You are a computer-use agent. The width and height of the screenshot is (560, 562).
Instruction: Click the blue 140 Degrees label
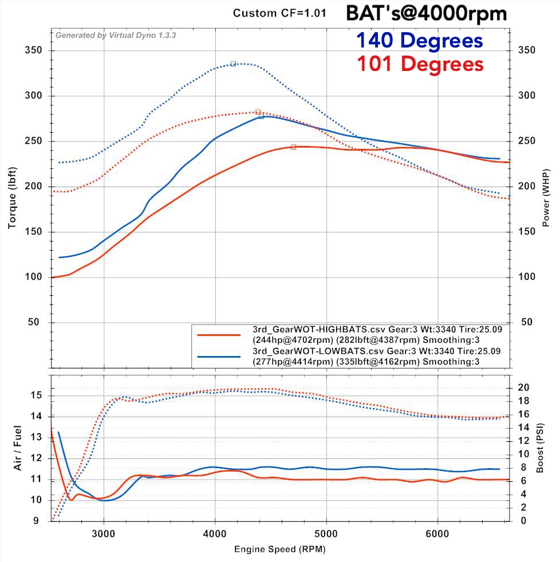(x=419, y=41)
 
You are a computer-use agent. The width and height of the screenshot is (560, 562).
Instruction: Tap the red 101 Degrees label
(x=420, y=64)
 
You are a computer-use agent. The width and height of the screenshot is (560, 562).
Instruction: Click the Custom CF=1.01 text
(x=279, y=13)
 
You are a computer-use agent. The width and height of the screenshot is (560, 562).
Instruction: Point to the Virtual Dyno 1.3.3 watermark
(x=115, y=35)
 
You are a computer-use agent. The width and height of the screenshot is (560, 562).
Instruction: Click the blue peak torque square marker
(x=233, y=64)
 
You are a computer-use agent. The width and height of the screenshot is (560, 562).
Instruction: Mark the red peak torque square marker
(x=258, y=112)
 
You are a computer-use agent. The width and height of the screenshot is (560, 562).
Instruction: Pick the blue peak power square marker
(x=261, y=116)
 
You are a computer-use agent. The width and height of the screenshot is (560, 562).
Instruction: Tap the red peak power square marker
(x=293, y=147)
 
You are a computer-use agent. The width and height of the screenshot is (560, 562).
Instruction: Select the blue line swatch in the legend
(x=218, y=357)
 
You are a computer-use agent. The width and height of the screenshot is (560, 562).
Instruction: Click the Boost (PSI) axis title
(x=540, y=448)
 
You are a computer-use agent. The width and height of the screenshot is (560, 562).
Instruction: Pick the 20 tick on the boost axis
(x=522, y=388)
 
